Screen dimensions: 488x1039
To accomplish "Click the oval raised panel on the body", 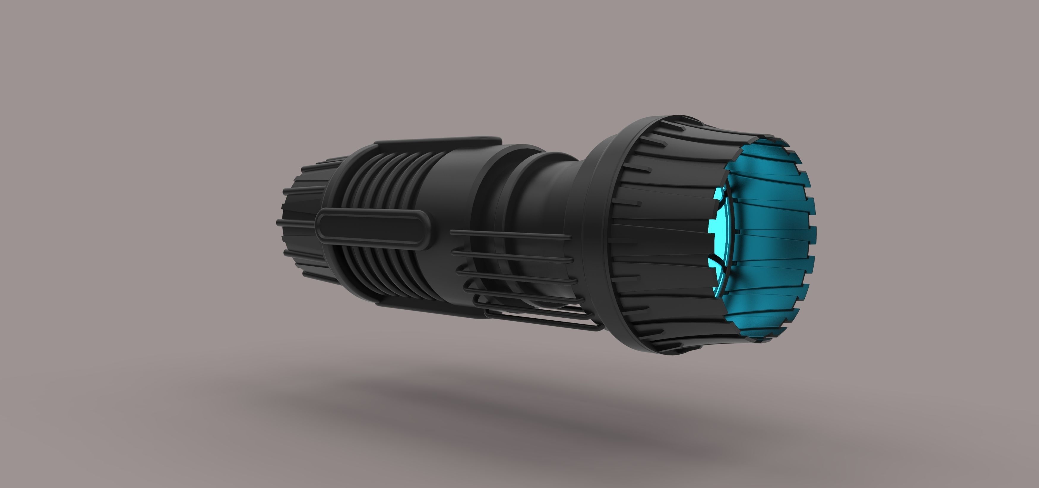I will click(x=373, y=230).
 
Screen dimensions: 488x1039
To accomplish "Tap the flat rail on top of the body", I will click(x=438, y=142).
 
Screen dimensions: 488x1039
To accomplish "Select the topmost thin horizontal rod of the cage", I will click(x=510, y=234).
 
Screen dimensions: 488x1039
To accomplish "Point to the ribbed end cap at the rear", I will click(x=303, y=226).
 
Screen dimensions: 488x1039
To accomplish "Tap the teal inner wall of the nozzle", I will click(x=766, y=226).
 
